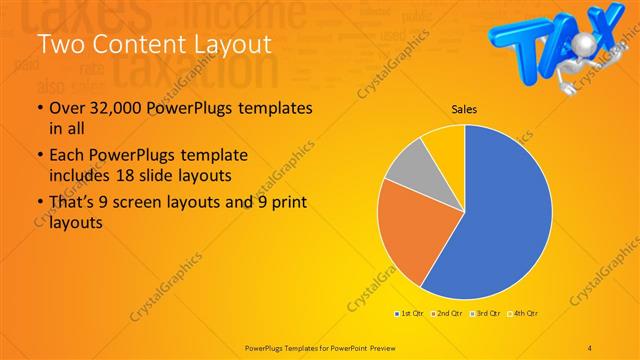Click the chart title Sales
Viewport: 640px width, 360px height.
pos(464,109)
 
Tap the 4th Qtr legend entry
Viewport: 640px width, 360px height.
pos(522,314)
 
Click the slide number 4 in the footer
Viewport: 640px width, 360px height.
pos(590,346)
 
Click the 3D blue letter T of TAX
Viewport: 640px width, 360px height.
pos(523,40)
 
